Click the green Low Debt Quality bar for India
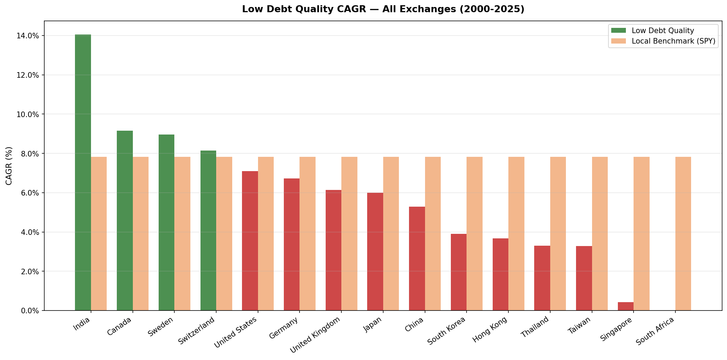pos(83,173)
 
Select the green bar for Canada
pos(124,221)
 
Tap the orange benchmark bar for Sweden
pos(182,233)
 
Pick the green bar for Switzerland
pos(208,230)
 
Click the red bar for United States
pos(250,241)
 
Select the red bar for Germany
pos(291,244)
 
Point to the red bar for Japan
pos(375,252)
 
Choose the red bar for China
pos(417,259)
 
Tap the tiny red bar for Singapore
pos(626,307)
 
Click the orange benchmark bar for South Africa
pos(683,233)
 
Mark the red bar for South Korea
pos(459,272)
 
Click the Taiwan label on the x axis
pos(580,325)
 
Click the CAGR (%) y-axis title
pos(9,166)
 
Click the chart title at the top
pos(383,9)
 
